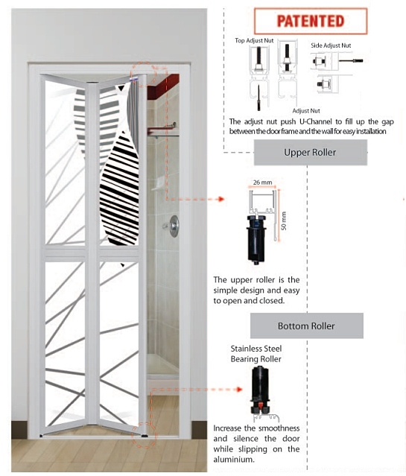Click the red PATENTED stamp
[x=311, y=22]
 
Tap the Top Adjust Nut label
[x=254, y=40]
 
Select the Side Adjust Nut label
[x=331, y=45]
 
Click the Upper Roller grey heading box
[x=311, y=153]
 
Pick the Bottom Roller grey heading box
[x=307, y=326]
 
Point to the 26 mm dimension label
[x=263, y=183]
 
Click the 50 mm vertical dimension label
[x=284, y=220]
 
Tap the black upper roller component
[x=256, y=239]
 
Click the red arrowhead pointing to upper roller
[x=221, y=199]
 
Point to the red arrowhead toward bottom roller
[x=240, y=389]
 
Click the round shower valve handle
[x=174, y=226]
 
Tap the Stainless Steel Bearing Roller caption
[x=256, y=354]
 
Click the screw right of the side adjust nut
[x=351, y=61]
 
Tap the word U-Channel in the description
[x=316, y=121]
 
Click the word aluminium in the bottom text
[x=233, y=460]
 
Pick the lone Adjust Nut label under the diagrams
[x=306, y=111]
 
